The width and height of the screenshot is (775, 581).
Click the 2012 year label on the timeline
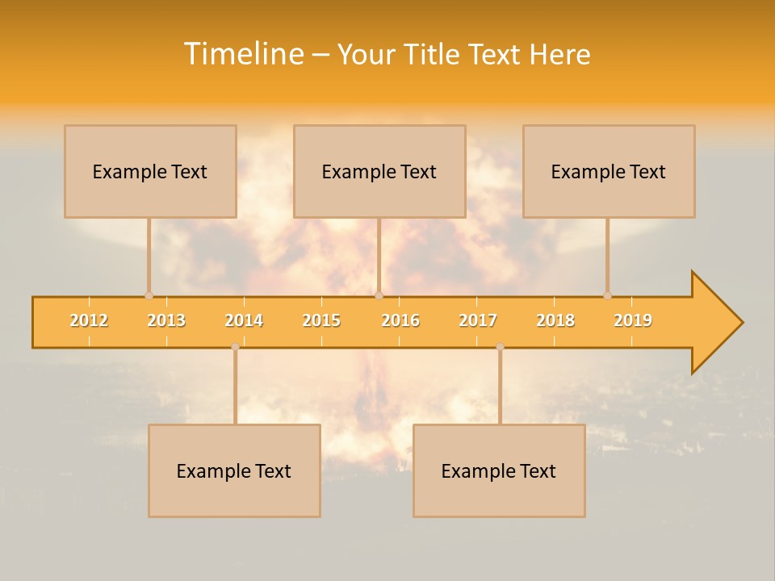(89, 320)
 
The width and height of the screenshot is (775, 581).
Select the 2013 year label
(166, 320)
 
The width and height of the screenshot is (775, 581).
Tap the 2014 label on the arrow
(244, 320)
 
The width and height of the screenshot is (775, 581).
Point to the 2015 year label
(321, 320)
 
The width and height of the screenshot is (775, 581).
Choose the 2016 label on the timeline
(400, 320)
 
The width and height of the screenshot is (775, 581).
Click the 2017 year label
(478, 320)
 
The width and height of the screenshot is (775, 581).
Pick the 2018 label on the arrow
(555, 320)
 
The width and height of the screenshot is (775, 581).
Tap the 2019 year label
(633, 320)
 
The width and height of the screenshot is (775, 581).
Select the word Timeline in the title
(243, 54)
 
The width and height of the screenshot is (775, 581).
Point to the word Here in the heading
(559, 54)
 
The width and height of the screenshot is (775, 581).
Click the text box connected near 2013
(150, 171)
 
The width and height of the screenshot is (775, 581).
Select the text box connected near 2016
(379, 171)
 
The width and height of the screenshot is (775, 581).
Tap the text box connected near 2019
(609, 171)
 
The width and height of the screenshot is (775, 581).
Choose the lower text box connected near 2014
(234, 470)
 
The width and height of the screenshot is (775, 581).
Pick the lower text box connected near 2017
(499, 470)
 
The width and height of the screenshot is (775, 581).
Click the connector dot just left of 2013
(149, 295)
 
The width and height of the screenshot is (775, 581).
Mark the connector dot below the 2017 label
(500, 347)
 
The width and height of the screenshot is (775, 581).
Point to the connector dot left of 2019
(607, 295)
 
